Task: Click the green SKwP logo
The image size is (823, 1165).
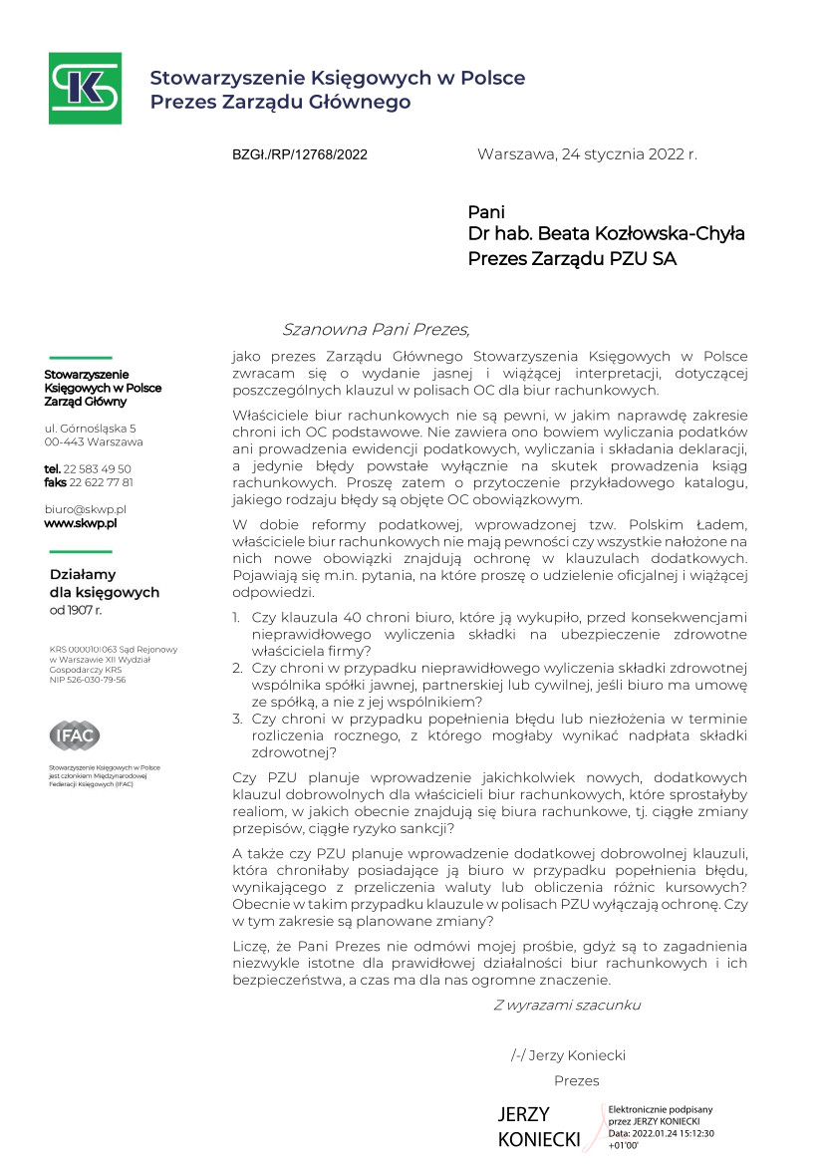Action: [86, 89]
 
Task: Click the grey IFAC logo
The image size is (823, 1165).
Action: [75, 735]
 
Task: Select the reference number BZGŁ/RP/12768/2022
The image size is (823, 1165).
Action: [300, 154]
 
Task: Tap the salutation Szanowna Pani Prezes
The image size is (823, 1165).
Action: [376, 330]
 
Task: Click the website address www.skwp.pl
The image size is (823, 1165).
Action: [81, 522]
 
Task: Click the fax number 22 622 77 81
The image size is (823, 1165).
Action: [101, 481]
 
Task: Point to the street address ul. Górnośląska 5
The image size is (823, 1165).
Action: [90, 428]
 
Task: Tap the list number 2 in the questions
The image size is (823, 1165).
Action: [237, 667]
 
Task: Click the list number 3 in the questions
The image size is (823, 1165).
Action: [237, 717]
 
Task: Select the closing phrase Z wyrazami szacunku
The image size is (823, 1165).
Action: [567, 1005]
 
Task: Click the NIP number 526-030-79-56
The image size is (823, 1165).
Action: [95, 680]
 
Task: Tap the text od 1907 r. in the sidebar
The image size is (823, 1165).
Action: [76, 609]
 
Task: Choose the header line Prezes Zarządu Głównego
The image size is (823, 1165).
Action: [280, 102]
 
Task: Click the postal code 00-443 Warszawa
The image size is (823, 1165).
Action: [94, 441]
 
